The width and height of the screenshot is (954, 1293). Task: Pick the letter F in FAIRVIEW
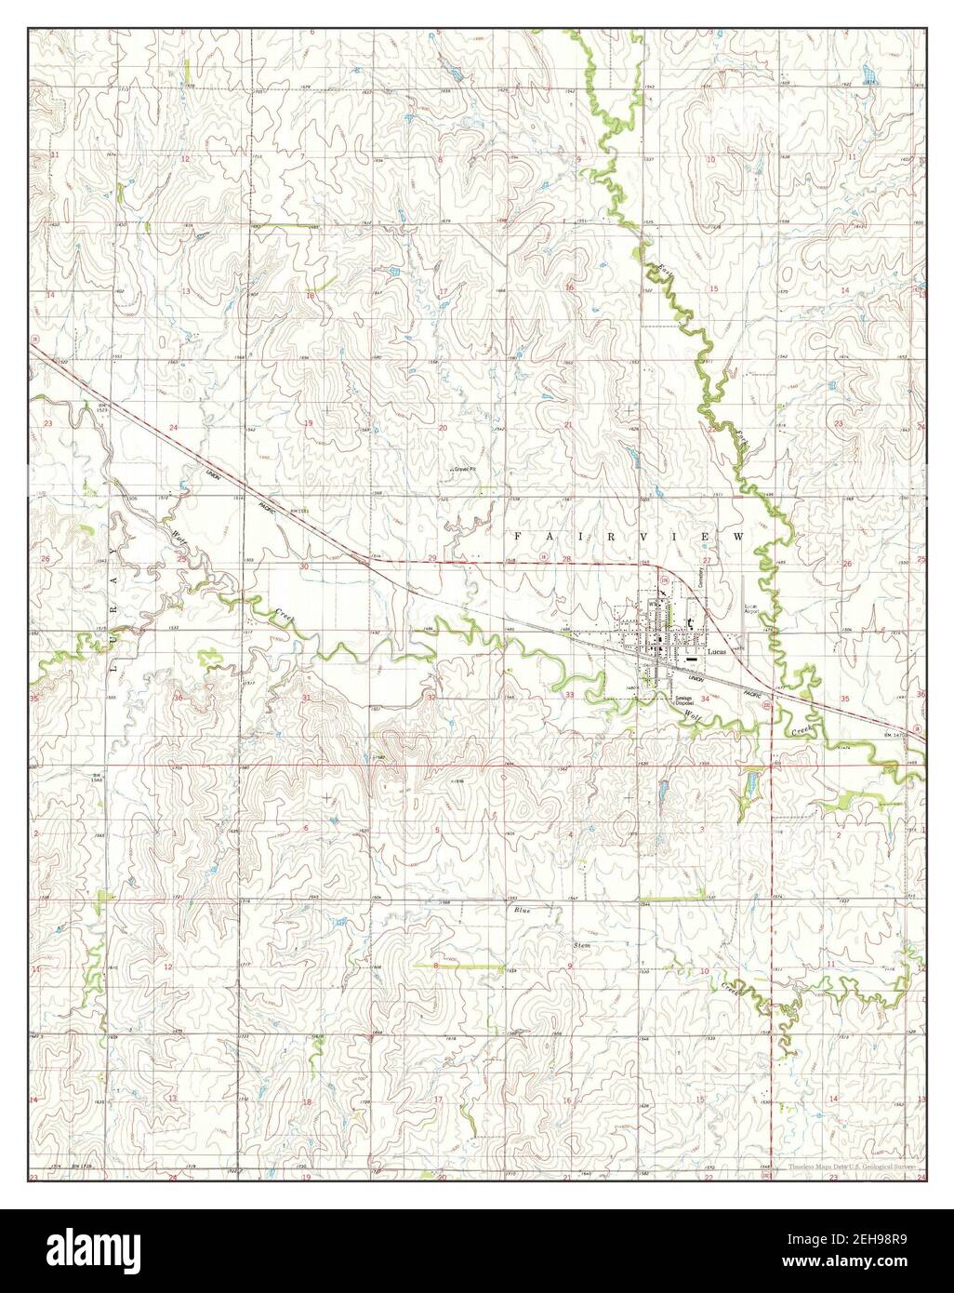point(519,538)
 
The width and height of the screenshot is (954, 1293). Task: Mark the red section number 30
point(304,566)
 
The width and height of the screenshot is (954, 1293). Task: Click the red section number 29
point(430,558)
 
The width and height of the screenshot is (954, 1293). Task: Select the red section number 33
point(569,695)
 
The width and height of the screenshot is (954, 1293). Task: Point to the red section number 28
point(565,558)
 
